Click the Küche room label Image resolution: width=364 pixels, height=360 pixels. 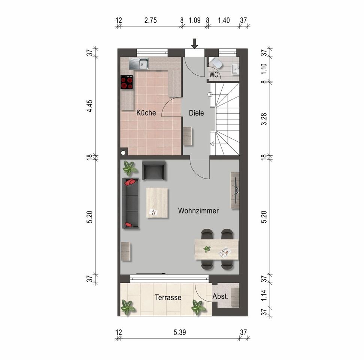point(146,113)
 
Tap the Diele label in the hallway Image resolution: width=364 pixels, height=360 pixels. point(196,113)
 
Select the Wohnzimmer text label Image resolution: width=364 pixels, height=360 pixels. point(198,211)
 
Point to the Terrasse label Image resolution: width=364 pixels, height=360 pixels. point(168,297)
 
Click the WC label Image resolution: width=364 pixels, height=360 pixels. point(214,75)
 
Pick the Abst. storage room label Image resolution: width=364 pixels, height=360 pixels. point(221,296)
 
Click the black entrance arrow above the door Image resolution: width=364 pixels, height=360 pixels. point(194,43)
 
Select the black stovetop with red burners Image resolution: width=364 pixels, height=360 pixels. point(127,82)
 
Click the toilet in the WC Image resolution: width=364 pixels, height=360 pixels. point(217,63)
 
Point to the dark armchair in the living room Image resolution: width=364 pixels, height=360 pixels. point(154,170)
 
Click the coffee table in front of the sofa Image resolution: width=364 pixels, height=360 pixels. point(157,202)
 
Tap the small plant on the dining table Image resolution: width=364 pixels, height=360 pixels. point(207,249)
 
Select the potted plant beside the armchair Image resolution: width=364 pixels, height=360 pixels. point(129,168)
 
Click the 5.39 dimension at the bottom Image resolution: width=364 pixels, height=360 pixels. point(180,332)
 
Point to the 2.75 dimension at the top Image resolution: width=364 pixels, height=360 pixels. point(151,21)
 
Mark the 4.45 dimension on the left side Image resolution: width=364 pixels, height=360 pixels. point(90,106)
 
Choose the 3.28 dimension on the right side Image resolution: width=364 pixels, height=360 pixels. point(264,119)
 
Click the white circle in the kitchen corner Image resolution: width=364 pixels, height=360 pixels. point(123,153)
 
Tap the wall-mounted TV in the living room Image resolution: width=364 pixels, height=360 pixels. point(236,190)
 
